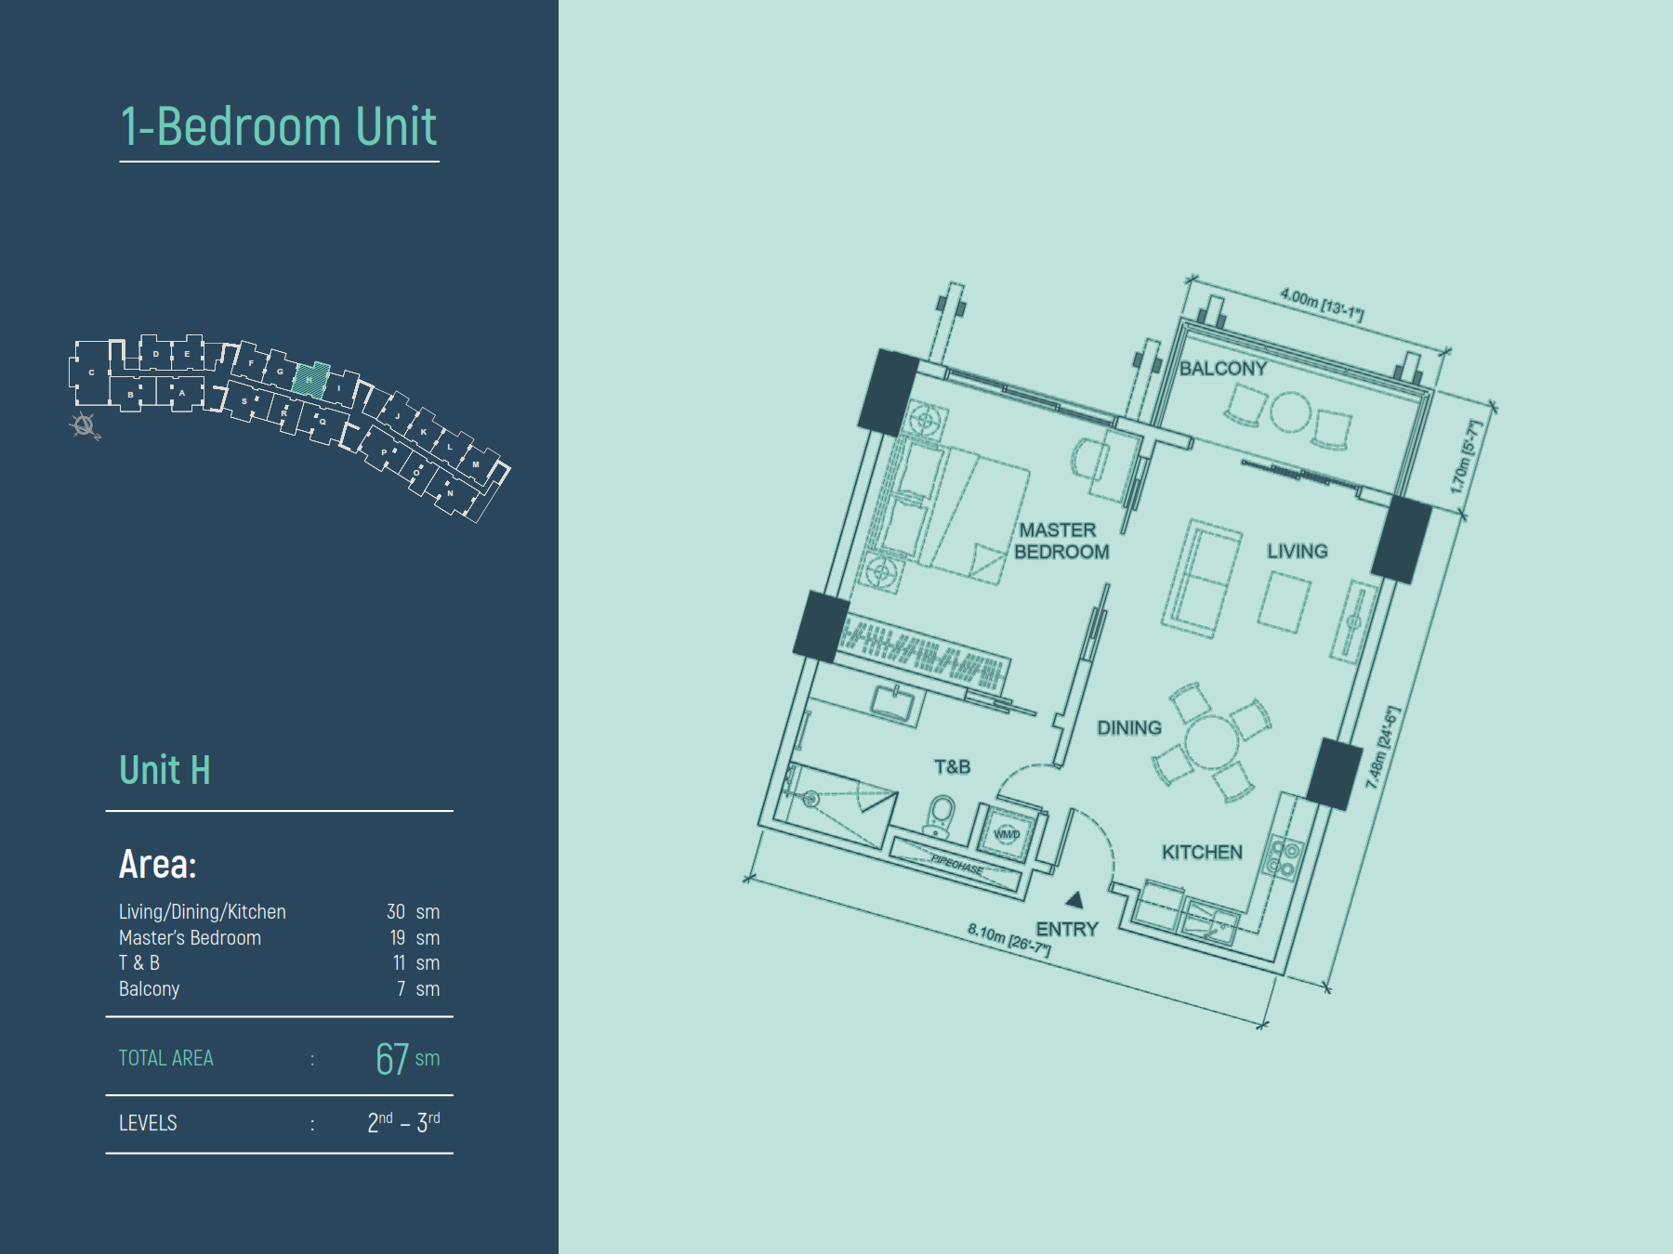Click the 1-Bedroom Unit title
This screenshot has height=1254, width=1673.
click(x=279, y=126)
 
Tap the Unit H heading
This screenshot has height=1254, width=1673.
click(x=165, y=770)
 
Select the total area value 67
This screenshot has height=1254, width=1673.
click(x=392, y=1059)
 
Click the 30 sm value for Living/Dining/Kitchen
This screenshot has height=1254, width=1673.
click(x=412, y=912)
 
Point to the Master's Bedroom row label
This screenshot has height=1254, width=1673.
click(x=190, y=938)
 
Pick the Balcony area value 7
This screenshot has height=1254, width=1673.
click(x=402, y=989)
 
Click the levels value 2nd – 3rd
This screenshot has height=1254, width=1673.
click(x=403, y=1123)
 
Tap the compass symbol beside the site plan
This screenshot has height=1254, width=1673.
click(x=85, y=425)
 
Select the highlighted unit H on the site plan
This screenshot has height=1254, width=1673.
click(x=311, y=379)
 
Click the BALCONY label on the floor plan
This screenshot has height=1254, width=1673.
click(x=1223, y=369)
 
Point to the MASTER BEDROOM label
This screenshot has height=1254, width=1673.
click(x=1060, y=541)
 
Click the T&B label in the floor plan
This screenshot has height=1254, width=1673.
click(x=952, y=767)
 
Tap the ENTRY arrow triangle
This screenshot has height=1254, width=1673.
click(x=1075, y=899)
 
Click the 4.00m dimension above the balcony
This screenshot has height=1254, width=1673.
click(x=1321, y=305)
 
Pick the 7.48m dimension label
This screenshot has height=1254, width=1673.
click(x=1381, y=748)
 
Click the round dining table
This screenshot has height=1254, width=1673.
click(x=1210, y=741)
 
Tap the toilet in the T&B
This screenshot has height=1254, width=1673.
click(x=941, y=814)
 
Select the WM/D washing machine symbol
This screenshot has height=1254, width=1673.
click(x=1007, y=833)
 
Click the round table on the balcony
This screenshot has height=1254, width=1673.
click(x=1290, y=412)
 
